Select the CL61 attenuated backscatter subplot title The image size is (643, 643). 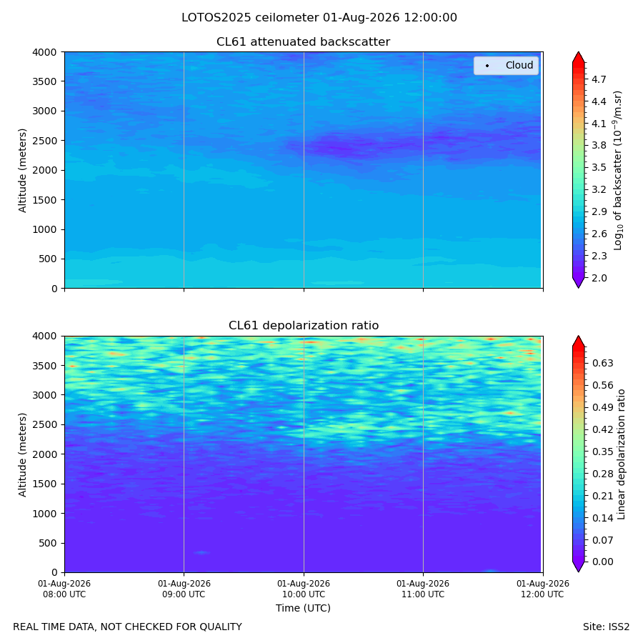click(303, 42)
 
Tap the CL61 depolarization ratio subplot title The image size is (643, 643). click(304, 325)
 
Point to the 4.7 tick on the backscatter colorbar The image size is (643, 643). click(599, 79)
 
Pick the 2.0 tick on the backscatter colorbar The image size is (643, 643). click(599, 278)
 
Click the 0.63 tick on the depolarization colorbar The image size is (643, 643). click(603, 363)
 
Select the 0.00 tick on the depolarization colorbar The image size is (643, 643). click(603, 562)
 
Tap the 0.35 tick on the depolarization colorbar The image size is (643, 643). click(603, 452)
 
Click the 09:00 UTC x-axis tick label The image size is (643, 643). click(184, 589)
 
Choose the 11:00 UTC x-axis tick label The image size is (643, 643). click(423, 589)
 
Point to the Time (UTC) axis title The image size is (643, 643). click(303, 608)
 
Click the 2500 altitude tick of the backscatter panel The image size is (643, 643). click(45, 141)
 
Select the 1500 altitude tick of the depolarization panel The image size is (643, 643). click(45, 484)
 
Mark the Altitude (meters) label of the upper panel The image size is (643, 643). click(23, 170)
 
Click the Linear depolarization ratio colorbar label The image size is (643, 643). click(621, 454)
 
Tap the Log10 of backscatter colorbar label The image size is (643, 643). click(617, 170)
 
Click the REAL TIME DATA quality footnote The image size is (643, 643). click(128, 627)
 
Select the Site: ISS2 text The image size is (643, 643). click(606, 627)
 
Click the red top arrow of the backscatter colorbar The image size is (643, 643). click(578, 57)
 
